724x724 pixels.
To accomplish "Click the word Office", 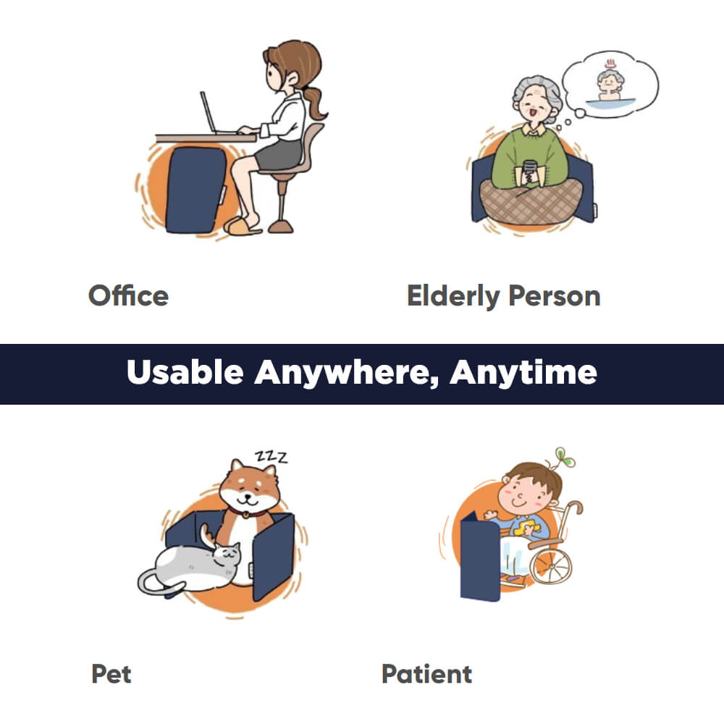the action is tap(128, 295).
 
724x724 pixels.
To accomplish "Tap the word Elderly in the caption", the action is tap(453, 296).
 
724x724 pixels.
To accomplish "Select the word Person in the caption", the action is tap(555, 295).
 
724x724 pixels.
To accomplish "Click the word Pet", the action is tap(111, 673).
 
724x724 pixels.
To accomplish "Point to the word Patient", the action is tap(427, 673).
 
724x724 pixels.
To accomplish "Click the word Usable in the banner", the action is tap(185, 372).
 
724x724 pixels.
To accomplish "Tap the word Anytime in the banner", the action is tap(523, 373).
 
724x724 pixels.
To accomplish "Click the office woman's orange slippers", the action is tap(242, 225).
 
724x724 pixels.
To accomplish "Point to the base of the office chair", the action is tap(280, 226).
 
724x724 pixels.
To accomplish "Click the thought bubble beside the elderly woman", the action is tap(610, 85).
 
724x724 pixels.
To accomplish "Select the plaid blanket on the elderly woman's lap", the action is tap(531, 201).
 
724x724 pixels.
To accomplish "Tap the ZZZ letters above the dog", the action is tap(271, 456).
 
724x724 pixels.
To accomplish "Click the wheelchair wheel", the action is tap(550, 564).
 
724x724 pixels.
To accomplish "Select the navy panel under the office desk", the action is tap(195, 190).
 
